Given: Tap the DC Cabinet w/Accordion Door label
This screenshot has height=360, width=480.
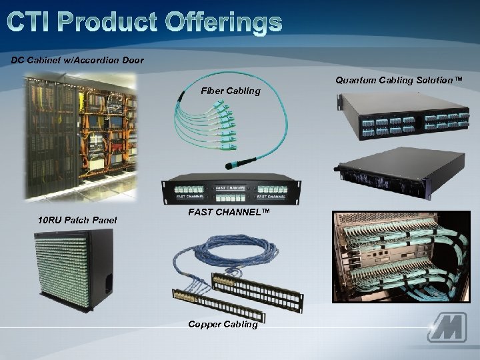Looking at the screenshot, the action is point(77,60).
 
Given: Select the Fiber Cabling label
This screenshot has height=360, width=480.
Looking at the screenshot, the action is point(231,91).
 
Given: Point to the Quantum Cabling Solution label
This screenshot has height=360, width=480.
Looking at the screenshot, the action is point(399,80).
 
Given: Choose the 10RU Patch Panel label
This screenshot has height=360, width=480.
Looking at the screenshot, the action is point(77,219).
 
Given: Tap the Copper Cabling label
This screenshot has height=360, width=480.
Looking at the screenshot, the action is point(223,324).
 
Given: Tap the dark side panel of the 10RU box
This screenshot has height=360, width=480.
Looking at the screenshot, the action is point(101,267).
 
